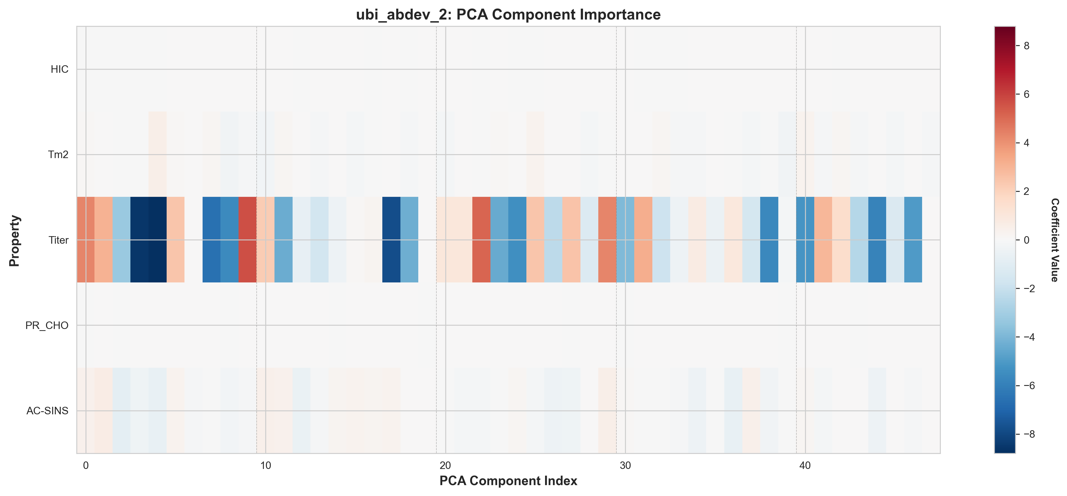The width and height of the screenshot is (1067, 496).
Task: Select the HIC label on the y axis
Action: point(59,69)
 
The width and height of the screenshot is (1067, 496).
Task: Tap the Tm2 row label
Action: point(58,154)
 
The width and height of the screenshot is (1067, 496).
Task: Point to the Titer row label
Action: point(59,240)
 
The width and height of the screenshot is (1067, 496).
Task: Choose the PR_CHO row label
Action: point(47,325)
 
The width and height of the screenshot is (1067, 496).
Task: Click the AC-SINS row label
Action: point(47,411)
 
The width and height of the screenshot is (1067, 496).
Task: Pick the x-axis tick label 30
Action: point(625,465)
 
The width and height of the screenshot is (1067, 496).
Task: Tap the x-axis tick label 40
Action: point(805,465)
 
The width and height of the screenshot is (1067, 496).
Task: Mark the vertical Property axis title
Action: point(14,240)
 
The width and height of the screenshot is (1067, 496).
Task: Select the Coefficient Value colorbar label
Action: point(1054,240)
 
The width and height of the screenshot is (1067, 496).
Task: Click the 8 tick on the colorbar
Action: point(1026,45)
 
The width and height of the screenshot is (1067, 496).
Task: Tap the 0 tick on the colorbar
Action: point(1026,240)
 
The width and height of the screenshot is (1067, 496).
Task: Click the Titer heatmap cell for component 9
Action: point(248,240)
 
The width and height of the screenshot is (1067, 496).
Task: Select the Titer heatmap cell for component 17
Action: point(392,240)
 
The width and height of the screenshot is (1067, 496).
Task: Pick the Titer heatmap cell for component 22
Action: point(481,240)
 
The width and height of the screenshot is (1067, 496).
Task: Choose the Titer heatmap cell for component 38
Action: point(769,240)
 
